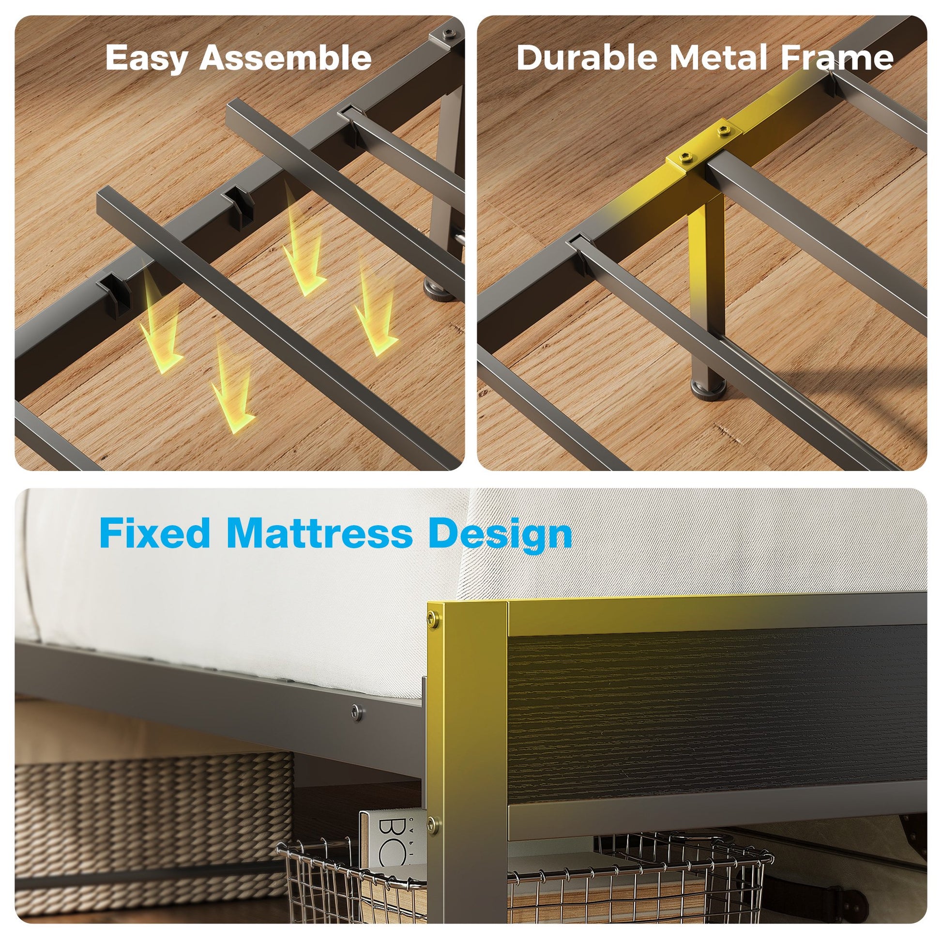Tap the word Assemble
tap(286, 57)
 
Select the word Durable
tap(587, 57)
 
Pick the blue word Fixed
tap(155, 533)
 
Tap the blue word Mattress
tap(320, 533)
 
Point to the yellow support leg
tap(705, 288)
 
